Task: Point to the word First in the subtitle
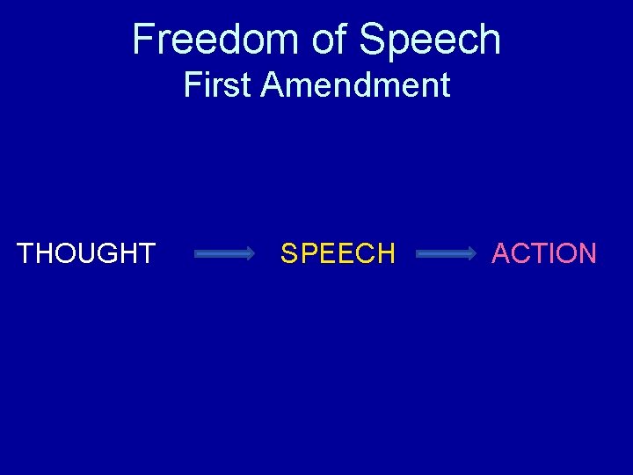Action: point(218,85)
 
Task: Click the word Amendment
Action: point(355,85)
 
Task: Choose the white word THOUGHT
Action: point(86,253)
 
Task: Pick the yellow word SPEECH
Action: point(338,253)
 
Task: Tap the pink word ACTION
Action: point(544,253)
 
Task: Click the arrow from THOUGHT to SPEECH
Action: point(223,254)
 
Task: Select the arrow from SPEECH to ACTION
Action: point(445,254)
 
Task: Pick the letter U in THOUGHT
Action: point(95,253)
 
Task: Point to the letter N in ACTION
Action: point(586,253)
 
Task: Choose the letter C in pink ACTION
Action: point(522,253)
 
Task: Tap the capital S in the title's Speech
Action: point(373,40)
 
